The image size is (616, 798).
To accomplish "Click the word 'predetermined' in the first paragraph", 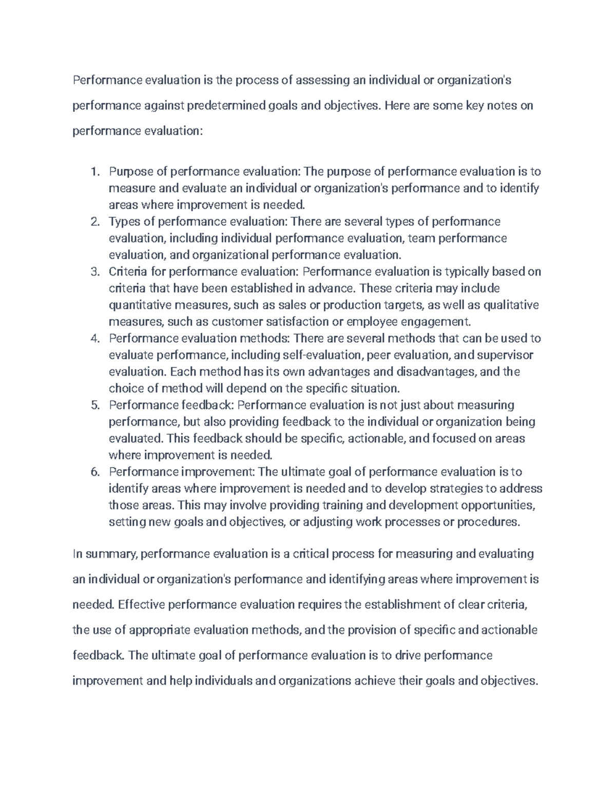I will [225, 106].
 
